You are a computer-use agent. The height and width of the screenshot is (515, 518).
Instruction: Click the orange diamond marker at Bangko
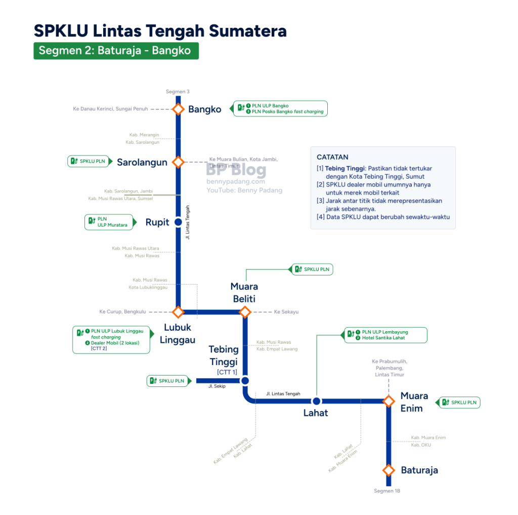[x=178, y=109]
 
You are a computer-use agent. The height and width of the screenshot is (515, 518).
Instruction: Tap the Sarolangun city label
[x=142, y=162]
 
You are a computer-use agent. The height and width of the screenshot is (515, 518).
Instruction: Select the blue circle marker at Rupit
[x=178, y=222]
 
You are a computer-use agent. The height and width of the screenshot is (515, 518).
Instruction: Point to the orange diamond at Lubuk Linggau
[x=178, y=311]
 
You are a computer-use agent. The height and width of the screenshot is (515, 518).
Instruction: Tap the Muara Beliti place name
[x=244, y=292]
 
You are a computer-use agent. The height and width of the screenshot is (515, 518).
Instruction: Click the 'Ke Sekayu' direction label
[x=286, y=311]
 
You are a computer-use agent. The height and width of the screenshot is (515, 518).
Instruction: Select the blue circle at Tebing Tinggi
[x=245, y=381]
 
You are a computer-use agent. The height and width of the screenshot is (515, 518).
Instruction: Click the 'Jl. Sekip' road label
[x=217, y=386]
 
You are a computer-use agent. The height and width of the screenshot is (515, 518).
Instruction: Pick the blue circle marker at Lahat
[x=316, y=401]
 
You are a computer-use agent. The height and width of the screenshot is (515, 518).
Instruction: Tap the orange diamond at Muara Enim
[x=389, y=401]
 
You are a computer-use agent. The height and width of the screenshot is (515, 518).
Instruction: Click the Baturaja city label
[x=419, y=470]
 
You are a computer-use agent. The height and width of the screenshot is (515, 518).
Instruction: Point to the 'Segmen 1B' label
[x=387, y=491]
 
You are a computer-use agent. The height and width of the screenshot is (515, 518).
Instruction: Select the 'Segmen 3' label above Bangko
[x=178, y=92]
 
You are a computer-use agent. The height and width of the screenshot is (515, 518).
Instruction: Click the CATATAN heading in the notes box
[x=332, y=157]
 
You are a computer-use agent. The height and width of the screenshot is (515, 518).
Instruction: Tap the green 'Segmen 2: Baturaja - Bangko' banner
[x=116, y=51]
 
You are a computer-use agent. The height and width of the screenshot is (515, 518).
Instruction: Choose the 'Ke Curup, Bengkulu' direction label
[x=122, y=311]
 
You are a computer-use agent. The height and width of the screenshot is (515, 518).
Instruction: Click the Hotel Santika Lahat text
[x=383, y=338]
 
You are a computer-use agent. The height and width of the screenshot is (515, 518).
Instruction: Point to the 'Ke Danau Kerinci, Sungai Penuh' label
[x=110, y=109]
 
